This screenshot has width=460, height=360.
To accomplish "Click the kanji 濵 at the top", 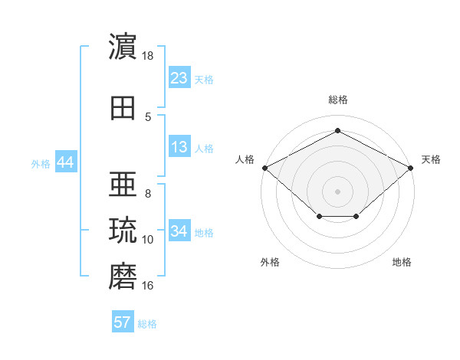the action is (x=123, y=46).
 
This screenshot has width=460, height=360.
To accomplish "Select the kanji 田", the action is (x=123, y=108).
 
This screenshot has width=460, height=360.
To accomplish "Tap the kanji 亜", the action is (x=123, y=184).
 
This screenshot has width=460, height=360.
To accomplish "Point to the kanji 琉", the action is (x=123, y=230).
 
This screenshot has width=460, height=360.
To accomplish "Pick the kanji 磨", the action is (x=123, y=276).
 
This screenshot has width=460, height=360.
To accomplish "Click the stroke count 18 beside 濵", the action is (x=147, y=56).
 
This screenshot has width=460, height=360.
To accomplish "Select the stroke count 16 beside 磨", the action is (x=147, y=285).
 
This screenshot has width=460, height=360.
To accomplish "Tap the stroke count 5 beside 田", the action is (x=148, y=117).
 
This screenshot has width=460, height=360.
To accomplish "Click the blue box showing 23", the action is (x=179, y=77).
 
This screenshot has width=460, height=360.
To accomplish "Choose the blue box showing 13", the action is (x=179, y=146).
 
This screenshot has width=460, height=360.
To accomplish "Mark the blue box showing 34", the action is (x=179, y=230).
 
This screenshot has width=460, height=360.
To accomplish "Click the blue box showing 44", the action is (x=66, y=162).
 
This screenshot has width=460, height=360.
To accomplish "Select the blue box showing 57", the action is (x=123, y=321).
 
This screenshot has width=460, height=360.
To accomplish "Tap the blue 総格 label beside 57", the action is (x=147, y=324).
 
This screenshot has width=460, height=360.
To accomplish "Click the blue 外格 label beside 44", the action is (x=41, y=164).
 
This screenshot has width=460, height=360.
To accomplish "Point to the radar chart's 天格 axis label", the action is (x=431, y=159).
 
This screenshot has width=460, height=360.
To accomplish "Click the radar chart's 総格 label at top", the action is (x=338, y=100).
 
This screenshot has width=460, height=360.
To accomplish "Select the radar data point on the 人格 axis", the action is (x=265, y=168).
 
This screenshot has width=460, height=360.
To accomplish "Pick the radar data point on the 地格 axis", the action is (x=356, y=216).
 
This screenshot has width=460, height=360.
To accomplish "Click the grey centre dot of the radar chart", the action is (x=337, y=191).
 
